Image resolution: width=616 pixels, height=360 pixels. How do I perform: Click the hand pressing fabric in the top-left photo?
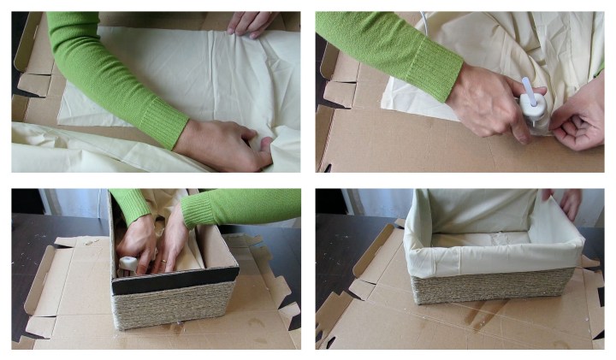pyautogui.click(x=224, y=144)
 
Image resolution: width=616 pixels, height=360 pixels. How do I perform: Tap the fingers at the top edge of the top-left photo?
pyautogui.click(x=252, y=24)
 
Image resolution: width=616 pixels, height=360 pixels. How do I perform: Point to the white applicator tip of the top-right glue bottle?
pyautogui.click(x=529, y=86)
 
